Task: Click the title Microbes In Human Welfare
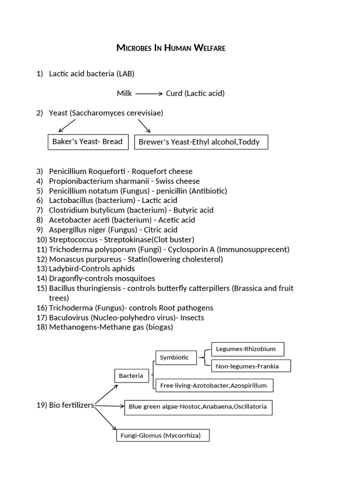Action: (171, 48)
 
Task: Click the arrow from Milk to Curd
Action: (149, 94)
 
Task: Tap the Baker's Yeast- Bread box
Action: (88, 142)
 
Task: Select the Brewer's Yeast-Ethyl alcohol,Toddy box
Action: (201, 142)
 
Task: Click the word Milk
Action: (124, 93)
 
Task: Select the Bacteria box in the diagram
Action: (127, 375)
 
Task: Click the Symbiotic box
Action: (174, 358)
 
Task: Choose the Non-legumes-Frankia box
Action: (251, 366)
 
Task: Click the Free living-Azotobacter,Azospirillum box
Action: (213, 385)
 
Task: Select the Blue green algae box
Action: (198, 407)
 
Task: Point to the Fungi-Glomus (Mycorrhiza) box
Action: (162, 435)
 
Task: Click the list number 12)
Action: (42, 259)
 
